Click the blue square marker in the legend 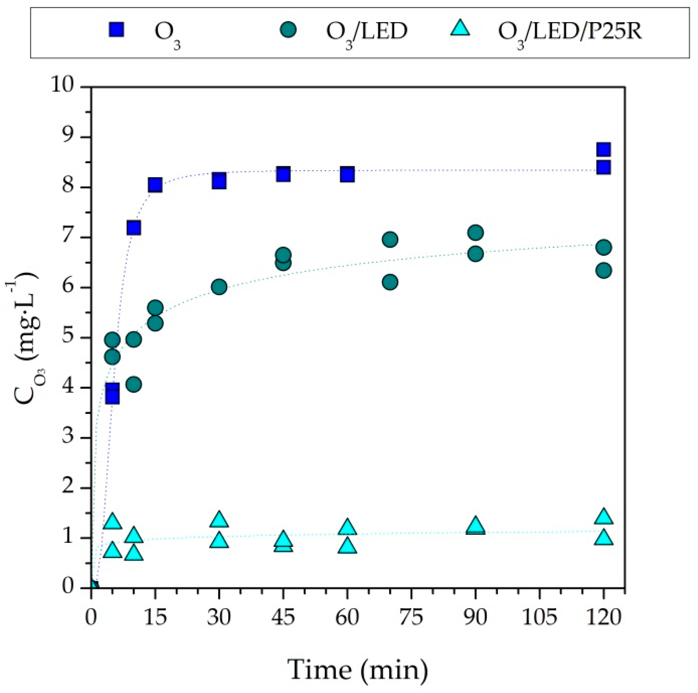[x=116, y=30]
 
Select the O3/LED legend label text [x=367, y=31]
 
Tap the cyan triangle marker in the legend [x=460, y=28]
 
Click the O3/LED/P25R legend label [x=570, y=31]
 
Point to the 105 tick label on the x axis [x=539, y=617]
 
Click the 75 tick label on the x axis [x=411, y=617]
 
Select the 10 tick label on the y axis [x=62, y=85]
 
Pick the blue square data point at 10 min [x=133, y=228]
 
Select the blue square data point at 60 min [x=347, y=174]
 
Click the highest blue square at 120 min [x=603, y=150]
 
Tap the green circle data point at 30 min [x=219, y=287]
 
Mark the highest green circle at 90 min [x=475, y=233]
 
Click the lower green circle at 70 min [x=390, y=282]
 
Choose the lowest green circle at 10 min [x=133, y=384]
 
